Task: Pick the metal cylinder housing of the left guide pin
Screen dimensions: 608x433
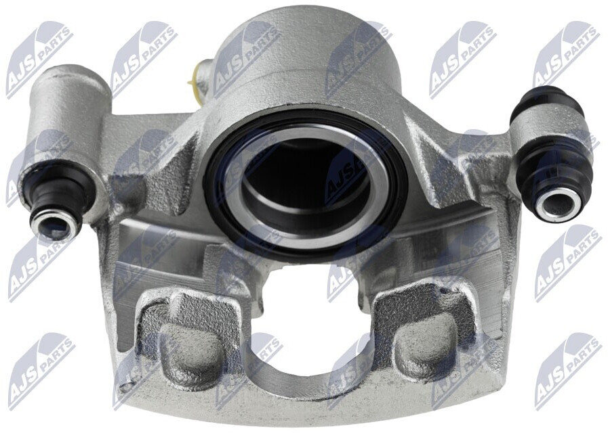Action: [x=66, y=108]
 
